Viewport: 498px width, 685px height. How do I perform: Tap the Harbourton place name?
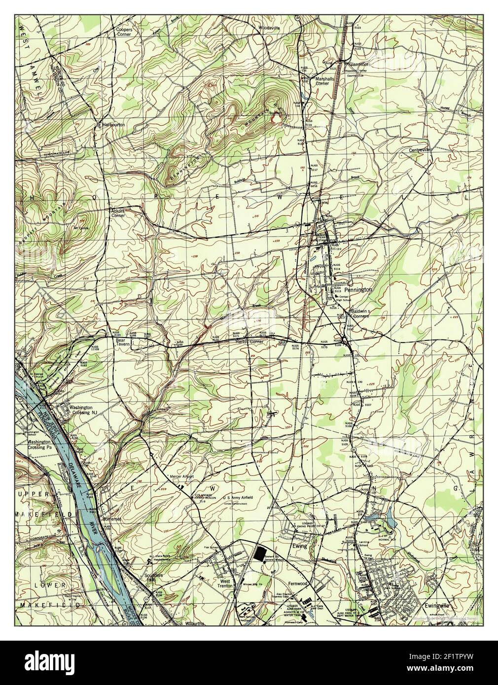[x=113, y=125]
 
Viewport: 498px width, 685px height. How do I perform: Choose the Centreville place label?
[x=420, y=149]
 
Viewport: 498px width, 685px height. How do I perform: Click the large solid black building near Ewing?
[x=259, y=553]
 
